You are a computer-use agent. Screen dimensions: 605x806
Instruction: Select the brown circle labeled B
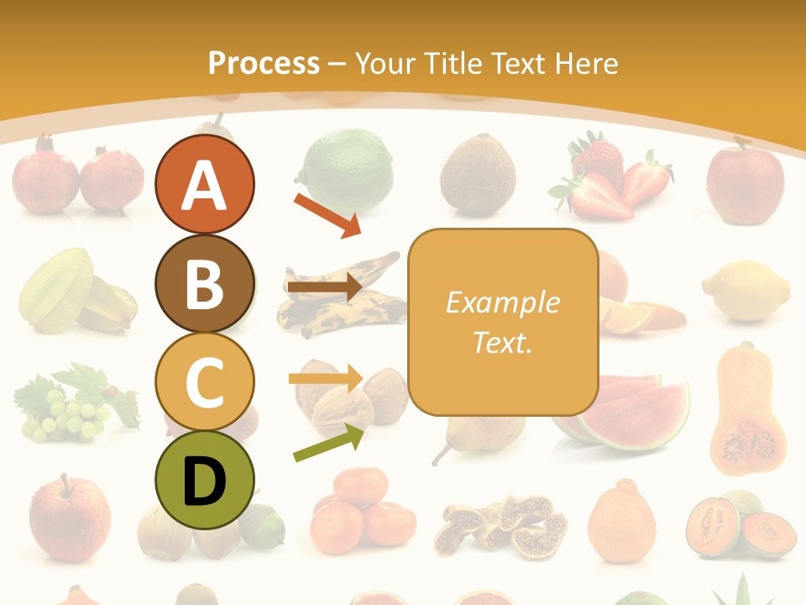204,283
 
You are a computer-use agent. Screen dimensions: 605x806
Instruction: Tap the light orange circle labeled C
204,381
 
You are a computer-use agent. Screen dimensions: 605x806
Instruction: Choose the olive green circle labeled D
204,480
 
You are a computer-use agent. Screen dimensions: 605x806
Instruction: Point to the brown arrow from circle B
324,287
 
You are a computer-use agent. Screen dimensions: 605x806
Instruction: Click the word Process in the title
264,63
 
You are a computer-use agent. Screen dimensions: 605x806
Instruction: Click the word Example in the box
502,302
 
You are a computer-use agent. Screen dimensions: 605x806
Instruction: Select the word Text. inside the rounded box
502,343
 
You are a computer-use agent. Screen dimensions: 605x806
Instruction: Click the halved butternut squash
747,412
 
